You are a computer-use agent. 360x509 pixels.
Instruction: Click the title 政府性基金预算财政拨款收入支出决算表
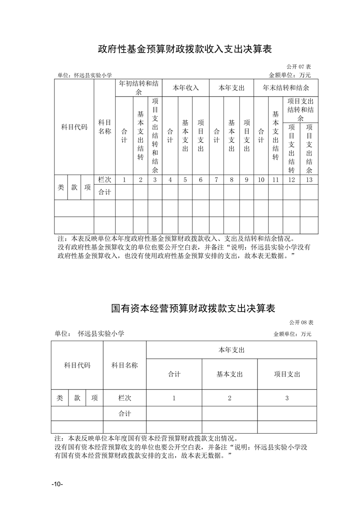(185, 49)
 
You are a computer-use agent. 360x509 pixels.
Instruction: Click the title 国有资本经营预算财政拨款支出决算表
(193, 308)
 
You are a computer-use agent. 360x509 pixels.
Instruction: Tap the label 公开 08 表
(302, 323)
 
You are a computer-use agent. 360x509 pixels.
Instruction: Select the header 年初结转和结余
(138, 88)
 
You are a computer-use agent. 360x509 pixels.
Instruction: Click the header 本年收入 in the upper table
(186, 88)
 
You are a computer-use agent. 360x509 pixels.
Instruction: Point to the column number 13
(309, 180)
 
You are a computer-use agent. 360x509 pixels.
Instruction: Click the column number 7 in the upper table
(217, 180)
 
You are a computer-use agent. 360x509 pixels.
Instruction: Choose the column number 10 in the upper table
(261, 180)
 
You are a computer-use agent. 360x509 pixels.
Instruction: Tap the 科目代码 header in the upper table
(74, 127)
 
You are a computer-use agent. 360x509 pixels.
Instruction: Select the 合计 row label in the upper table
(104, 192)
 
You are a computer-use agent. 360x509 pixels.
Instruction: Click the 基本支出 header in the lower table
(230, 374)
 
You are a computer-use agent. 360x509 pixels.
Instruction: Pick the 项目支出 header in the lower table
(287, 374)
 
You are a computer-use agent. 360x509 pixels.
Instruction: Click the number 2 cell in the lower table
(230, 398)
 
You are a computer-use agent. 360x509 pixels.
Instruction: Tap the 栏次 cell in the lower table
(124, 398)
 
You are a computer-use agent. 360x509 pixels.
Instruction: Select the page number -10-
(57, 484)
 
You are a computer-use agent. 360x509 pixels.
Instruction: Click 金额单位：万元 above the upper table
(290, 75)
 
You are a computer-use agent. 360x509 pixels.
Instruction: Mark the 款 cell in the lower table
(77, 398)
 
